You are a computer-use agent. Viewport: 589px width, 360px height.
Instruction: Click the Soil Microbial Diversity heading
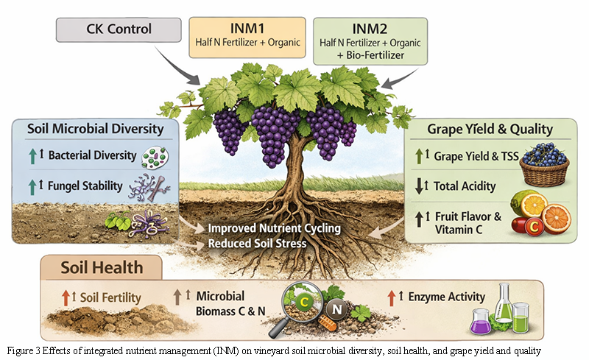tap(95, 129)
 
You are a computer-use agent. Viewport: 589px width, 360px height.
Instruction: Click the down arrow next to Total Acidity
tap(419, 187)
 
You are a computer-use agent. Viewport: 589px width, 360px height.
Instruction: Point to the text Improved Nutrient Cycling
tap(274, 228)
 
